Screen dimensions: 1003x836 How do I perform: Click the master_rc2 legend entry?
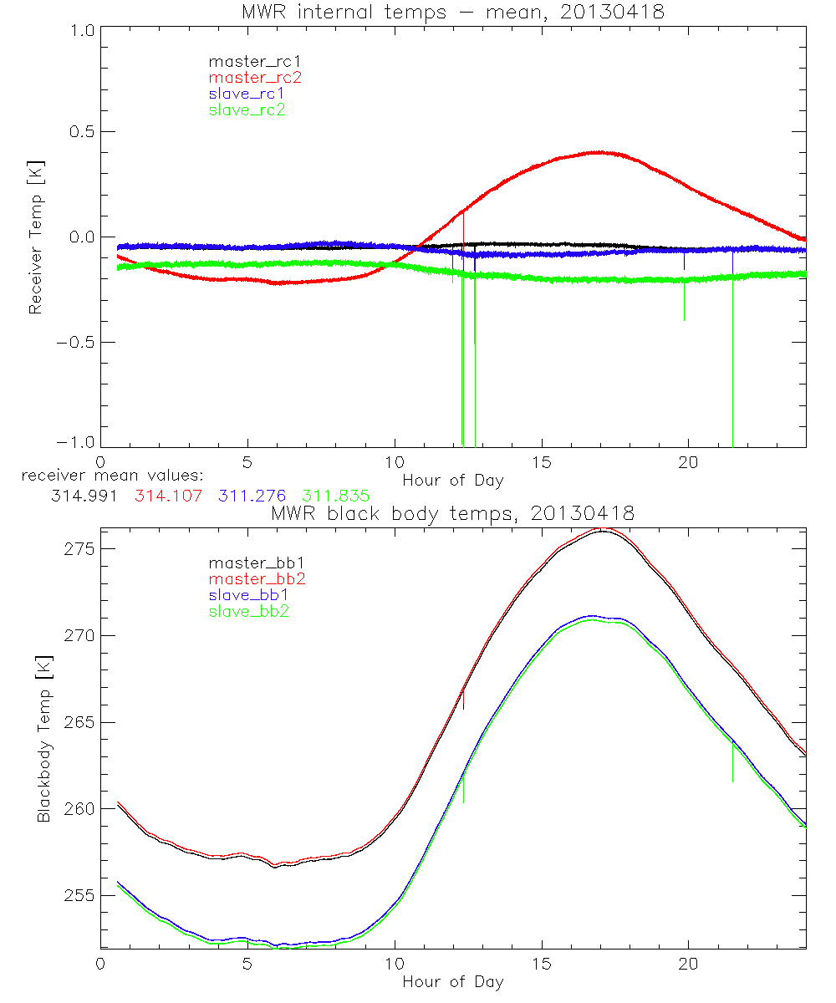pyautogui.click(x=255, y=78)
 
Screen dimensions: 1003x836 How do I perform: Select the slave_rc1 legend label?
pyautogui.click(x=247, y=94)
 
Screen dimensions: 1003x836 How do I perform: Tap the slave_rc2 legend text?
pyautogui.click(x=247, y=109)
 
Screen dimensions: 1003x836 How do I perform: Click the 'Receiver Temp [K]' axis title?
pyautogui.click(x=35, y=238)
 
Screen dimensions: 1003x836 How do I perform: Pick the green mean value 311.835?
pyautogui.click(x=336, y=496)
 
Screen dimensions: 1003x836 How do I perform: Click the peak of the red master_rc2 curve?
pyautogui.click(x=599, y=152)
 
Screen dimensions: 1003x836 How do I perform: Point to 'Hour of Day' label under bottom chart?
pyautogui.click(x=453, y=982)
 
